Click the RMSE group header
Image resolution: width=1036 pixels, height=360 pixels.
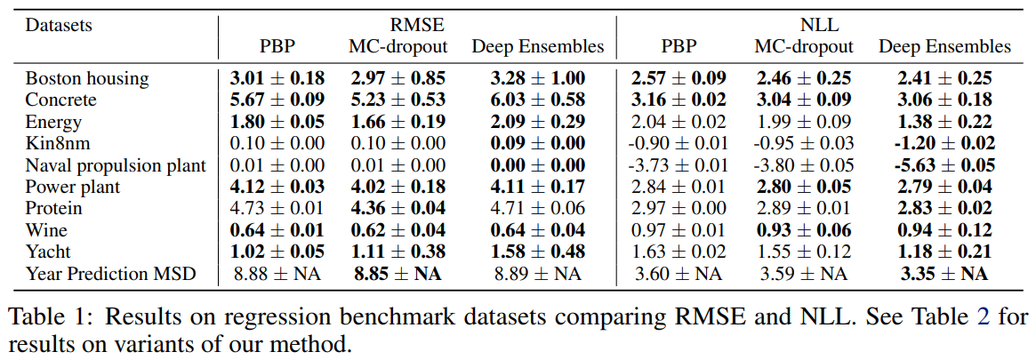pos(417,25)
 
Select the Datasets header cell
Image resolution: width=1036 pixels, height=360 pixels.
pos(59,25)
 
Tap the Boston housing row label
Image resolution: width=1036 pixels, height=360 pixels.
pos(87,78)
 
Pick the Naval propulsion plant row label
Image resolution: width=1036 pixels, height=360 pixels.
pos(116,164)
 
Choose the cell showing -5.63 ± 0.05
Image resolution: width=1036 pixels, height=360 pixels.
pos(944,164)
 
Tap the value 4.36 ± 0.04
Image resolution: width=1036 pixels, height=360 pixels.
pos(397,208)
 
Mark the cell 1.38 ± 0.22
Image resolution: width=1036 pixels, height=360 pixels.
pos(944,122)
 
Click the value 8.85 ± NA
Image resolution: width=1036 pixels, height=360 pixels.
pos(397,273)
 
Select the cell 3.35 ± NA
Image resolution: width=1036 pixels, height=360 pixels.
pos(944,273)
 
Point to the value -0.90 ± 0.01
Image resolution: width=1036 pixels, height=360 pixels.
pos(679,143)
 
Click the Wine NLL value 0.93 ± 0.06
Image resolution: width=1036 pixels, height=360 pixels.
pos(804,229)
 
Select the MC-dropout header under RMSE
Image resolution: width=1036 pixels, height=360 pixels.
pos(397,46)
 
